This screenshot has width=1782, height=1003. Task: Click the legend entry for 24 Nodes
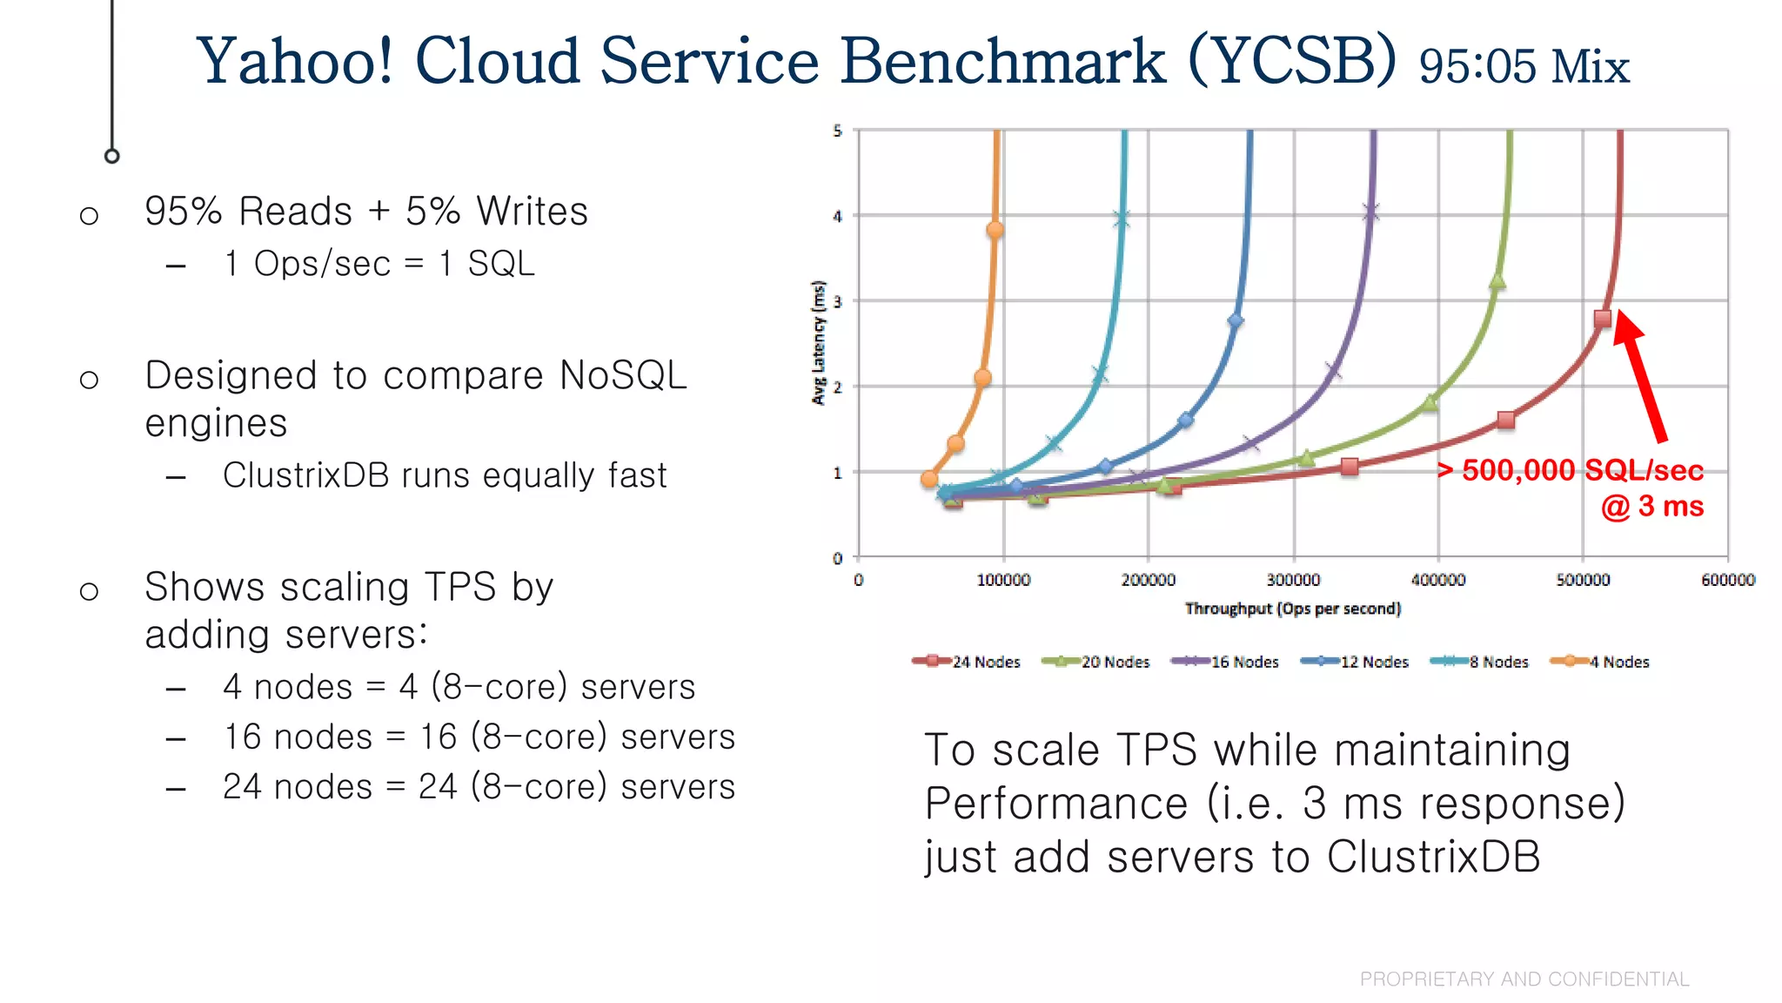(x=967, y=662)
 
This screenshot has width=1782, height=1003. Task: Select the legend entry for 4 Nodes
(x=1601, y=662)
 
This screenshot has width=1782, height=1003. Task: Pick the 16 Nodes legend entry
(x=1226, y=662)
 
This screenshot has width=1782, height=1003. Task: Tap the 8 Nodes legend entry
(x=1480, y=662)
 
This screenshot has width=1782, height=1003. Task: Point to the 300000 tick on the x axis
(x=1293, y=580)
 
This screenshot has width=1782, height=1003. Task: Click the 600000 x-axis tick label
(x=1727, y=580)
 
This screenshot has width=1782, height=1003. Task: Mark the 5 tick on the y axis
(x=838, y=131)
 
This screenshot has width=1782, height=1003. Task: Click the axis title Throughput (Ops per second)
(x=1293, y=609)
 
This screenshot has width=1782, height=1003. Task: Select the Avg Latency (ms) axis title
(x=818, y=342)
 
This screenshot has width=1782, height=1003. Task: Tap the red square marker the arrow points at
(x=1603, y=319)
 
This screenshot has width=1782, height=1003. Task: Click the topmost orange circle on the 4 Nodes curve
(x=995, y=230)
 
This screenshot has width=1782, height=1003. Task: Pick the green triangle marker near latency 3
(x=1497, y=281)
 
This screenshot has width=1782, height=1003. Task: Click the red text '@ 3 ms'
(x=1651, y=507)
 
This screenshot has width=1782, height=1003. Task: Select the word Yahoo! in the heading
(x=295, y=61)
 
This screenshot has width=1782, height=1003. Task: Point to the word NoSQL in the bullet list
(x=623, y=376)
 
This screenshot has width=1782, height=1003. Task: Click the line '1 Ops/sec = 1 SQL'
(x=379, y=264)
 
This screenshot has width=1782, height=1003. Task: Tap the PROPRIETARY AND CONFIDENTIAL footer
(x=1524, y=979)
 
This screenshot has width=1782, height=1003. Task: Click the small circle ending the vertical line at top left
(x=111, y=156)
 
